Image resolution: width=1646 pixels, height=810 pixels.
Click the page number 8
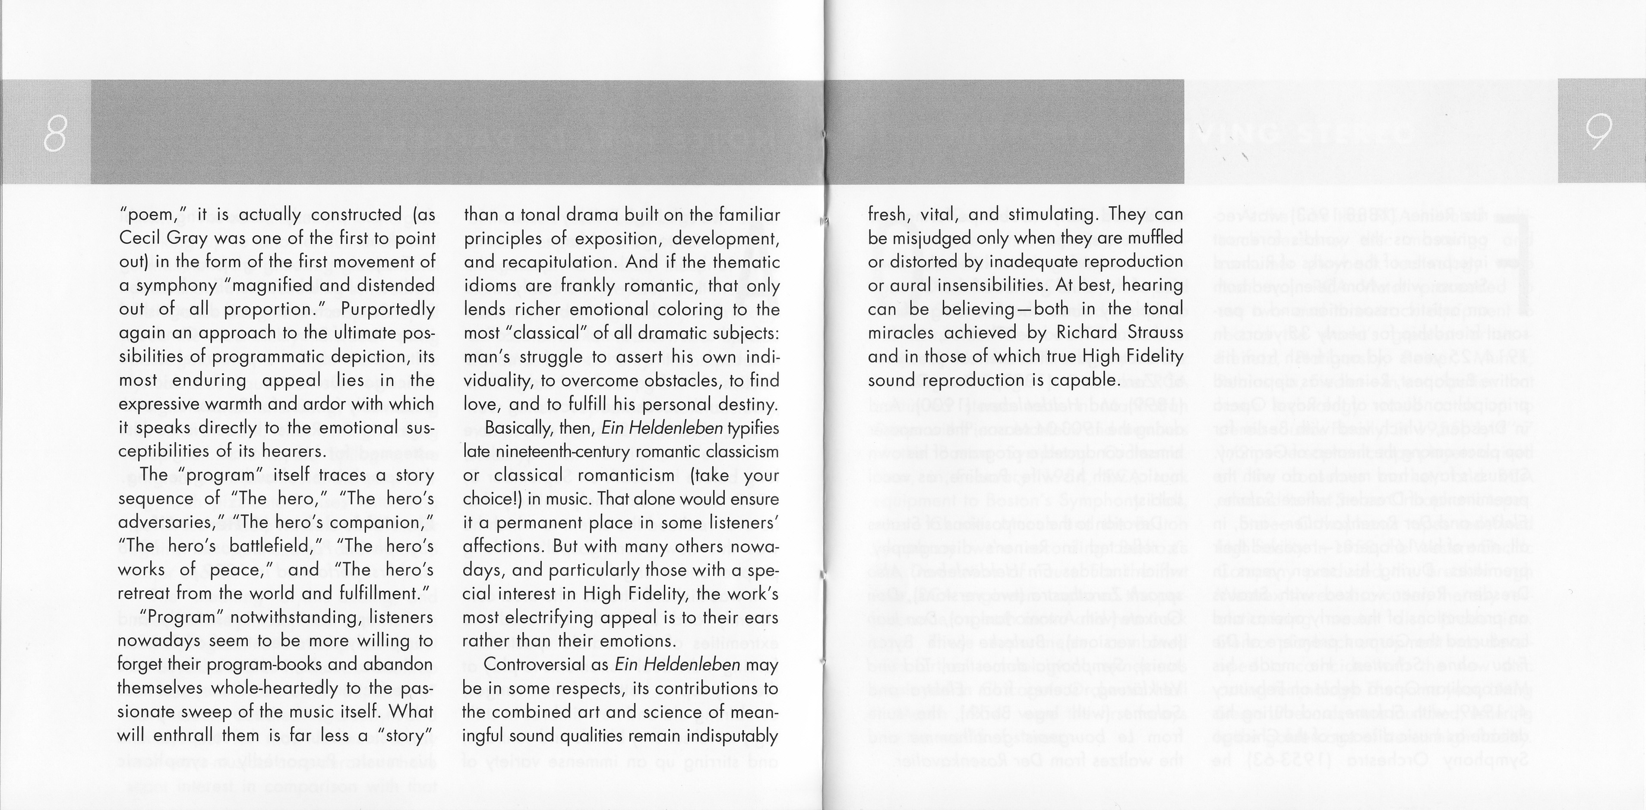coord(55,133)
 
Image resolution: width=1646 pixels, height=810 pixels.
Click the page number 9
coord(1599,133)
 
